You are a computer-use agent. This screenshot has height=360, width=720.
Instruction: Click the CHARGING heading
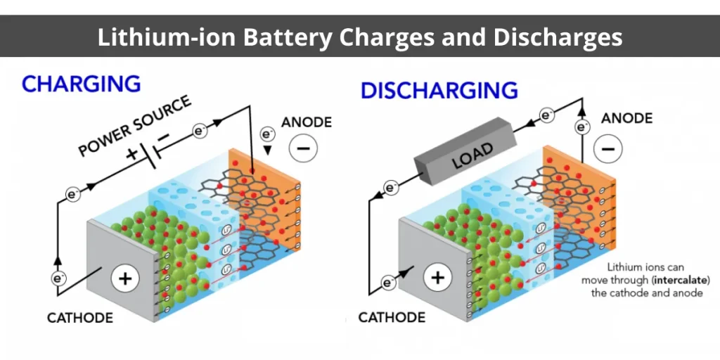(81, 84)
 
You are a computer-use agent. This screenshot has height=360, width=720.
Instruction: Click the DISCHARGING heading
(439, 91)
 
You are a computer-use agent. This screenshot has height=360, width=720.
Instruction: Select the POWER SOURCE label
(135, 126)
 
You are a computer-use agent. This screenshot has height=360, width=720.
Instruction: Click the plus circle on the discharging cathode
(437, 278)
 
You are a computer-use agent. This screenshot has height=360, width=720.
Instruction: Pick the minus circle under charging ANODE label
(303, 148)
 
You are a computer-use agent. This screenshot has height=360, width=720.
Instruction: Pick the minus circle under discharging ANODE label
(608, 149)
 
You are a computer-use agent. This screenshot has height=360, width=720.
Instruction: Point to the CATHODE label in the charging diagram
(80, 318)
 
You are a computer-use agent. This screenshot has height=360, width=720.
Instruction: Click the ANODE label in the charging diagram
(307, 122)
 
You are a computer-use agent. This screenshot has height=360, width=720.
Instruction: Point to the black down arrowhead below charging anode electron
(268, 150)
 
